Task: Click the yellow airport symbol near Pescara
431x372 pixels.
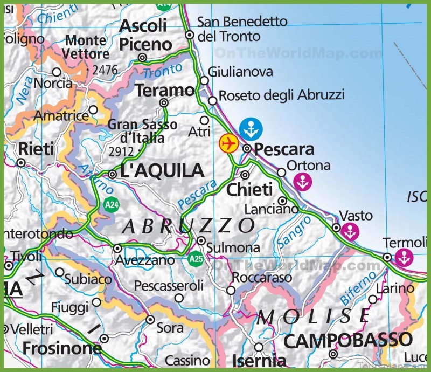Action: coord(228,143)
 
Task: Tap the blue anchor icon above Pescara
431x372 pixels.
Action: coord(251,128)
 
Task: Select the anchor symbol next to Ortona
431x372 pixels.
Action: coord(303,182)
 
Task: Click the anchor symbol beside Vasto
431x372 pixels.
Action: coord(350,232)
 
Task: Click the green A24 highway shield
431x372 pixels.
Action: coord(111,205)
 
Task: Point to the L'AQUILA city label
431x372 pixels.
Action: coord(162,171)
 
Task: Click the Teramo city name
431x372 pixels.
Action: coord(164,90)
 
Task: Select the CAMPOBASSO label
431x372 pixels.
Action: coord(347,340)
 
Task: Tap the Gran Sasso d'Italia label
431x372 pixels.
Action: coord(142,131)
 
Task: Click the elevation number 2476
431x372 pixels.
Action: coord(105,70)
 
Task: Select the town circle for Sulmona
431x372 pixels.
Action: coord(201,240)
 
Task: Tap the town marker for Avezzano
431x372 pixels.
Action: coord(117,248)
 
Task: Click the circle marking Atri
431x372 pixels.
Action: coord(204,120)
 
